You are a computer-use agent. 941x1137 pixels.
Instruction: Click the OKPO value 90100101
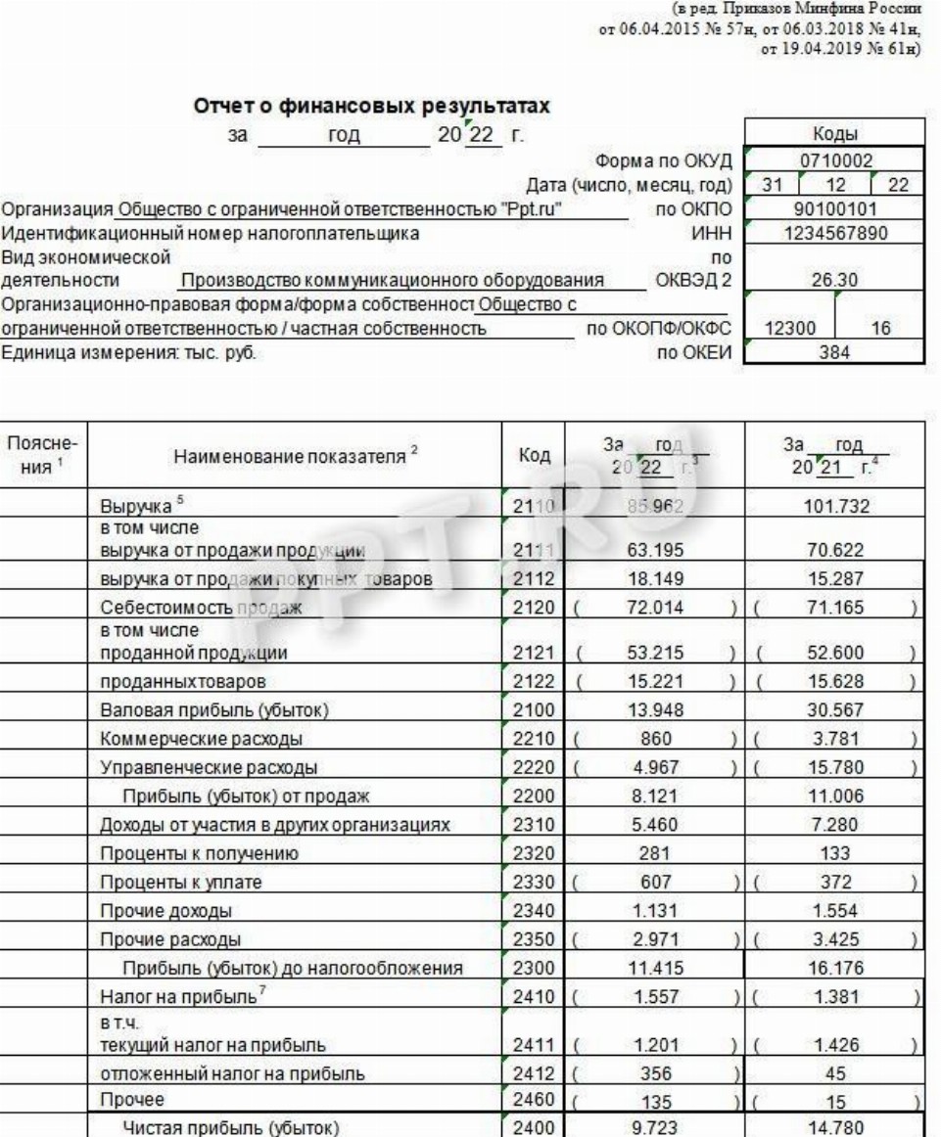click(x=829, y=208)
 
